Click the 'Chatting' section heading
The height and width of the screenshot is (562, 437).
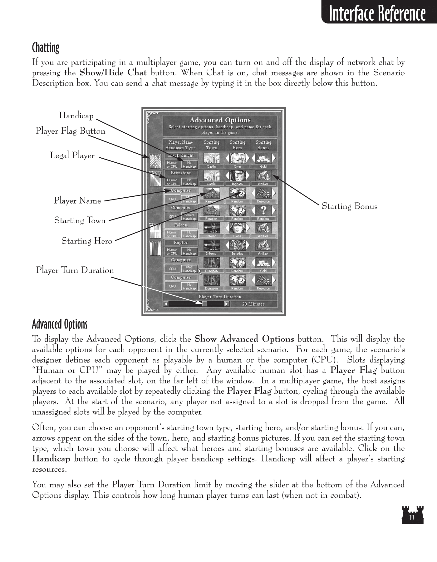pyautogui.click(x=46, y=48)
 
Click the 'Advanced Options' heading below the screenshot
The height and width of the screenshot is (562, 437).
pyautogui.click(x=60, y=324)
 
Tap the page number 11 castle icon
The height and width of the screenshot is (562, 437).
pyautogui.click(x=412, y=515)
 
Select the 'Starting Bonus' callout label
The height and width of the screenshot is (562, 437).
pyautogui.click(x=349, y=206)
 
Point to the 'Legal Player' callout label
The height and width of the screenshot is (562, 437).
pyautogui.click(x=72, y=155)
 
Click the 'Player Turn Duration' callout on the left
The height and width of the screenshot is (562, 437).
pyautogui.click(x=75, y=270)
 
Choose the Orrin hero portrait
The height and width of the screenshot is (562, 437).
pyautogui.click(x=237, y=158)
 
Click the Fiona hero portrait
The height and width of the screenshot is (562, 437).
pyautogui.click(x=237, y=228)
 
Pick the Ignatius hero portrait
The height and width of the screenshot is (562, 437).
pyautogui.click(x=237, y=246)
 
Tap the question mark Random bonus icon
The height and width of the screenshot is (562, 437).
pyautogui.click(x=263, y=210)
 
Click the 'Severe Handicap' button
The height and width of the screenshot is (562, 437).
pyautogui.click(x=189, y=217)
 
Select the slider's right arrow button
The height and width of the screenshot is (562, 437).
pyautogui.click(x=227, y=304)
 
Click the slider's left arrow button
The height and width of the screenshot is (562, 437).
pyautogui.click(x=166, y=304)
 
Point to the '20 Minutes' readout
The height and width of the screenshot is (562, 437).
pyautogui.click(x=253, y=304)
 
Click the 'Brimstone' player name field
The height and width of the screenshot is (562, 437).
pyautogui.click(x=181, y=173)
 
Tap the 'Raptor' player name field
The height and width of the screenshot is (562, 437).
pyautogui.click(x=181, y=243)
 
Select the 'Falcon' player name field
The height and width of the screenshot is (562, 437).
pyautogui.click(x=181, y=225)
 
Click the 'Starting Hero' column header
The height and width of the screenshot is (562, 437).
pyautogui.click(x=237, y=145)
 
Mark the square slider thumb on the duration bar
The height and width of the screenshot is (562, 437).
pyautogui.click(x=204, y=304)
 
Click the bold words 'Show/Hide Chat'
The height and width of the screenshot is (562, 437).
pyautogui.click(x=113, y=73)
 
